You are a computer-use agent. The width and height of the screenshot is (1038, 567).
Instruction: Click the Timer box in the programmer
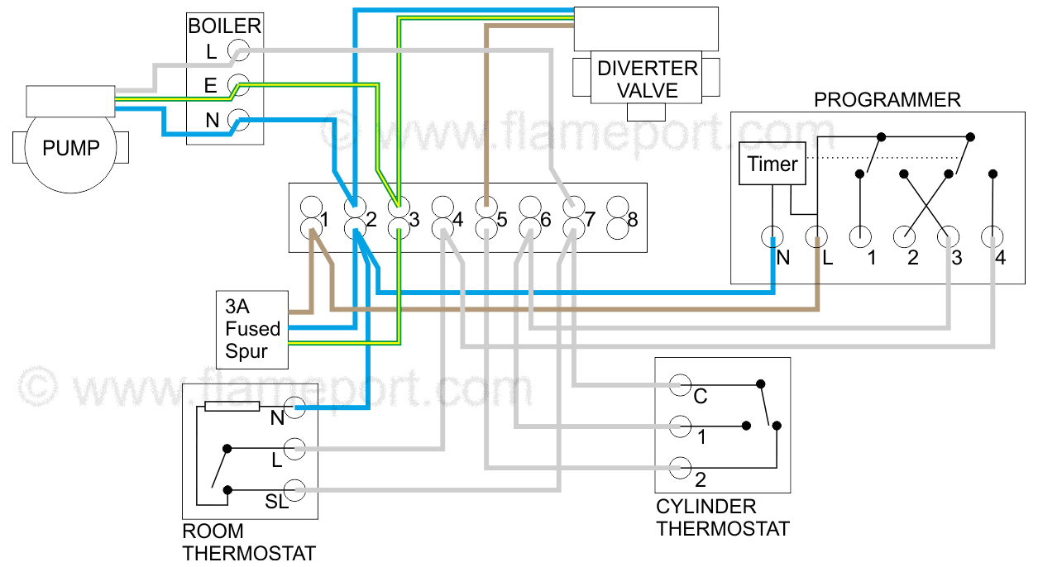[x=773, y=164]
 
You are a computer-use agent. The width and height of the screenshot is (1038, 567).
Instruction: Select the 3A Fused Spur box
[x=252, y=329]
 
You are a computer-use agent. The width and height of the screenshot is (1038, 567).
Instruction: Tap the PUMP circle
[x=71, y=149]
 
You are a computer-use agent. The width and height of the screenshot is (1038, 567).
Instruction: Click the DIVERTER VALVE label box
[x=648, y=79]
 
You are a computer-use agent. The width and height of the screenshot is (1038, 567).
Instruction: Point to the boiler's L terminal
[x=238, y=51]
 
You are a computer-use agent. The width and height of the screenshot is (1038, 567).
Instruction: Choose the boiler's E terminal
[x=238, y=85]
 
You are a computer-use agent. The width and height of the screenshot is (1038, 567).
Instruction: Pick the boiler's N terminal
[x=238, y=121]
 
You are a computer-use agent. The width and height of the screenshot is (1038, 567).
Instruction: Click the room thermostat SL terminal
[x=295, y=490]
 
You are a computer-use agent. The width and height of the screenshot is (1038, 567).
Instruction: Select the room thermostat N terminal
[x=295, y=407]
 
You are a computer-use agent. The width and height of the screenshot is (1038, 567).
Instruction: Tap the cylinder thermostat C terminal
[x=680, y=385]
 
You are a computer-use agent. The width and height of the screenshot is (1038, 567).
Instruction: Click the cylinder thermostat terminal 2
[x=680, y=467]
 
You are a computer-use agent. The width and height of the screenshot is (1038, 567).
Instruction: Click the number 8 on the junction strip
[x=633, y=221]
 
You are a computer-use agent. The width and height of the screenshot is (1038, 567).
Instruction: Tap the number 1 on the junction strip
[x=325, y=221]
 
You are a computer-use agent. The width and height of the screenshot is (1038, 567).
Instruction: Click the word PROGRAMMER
[x=887, y=100]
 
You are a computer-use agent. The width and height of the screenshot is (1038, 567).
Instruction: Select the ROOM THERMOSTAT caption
[x=248, y=542]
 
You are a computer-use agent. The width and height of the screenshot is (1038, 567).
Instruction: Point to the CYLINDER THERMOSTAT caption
[x=722, y=517]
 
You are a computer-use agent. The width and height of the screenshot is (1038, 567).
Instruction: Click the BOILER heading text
[x=224, y=26]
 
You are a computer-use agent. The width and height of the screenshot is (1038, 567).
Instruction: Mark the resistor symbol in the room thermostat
[x=232, y=407]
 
